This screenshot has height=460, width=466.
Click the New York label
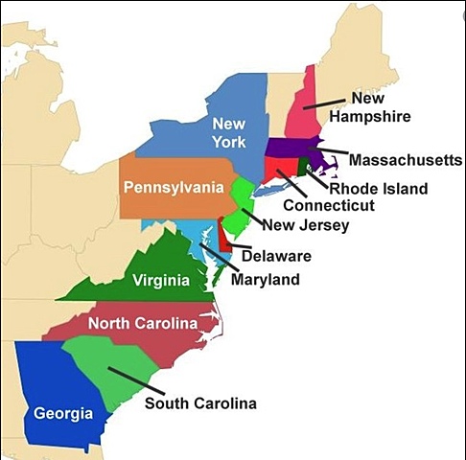click(x=229, y=133)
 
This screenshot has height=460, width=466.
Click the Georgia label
click(x=63, y=414)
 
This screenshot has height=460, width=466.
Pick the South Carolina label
click(x=200, y=403)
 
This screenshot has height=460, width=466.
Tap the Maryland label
click(x=265, y=280)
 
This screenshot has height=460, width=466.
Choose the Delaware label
click(x=276, y=256)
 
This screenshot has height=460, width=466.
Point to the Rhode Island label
click(x=379, y=189)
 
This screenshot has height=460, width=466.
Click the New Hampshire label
click(x=381, y=107)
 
